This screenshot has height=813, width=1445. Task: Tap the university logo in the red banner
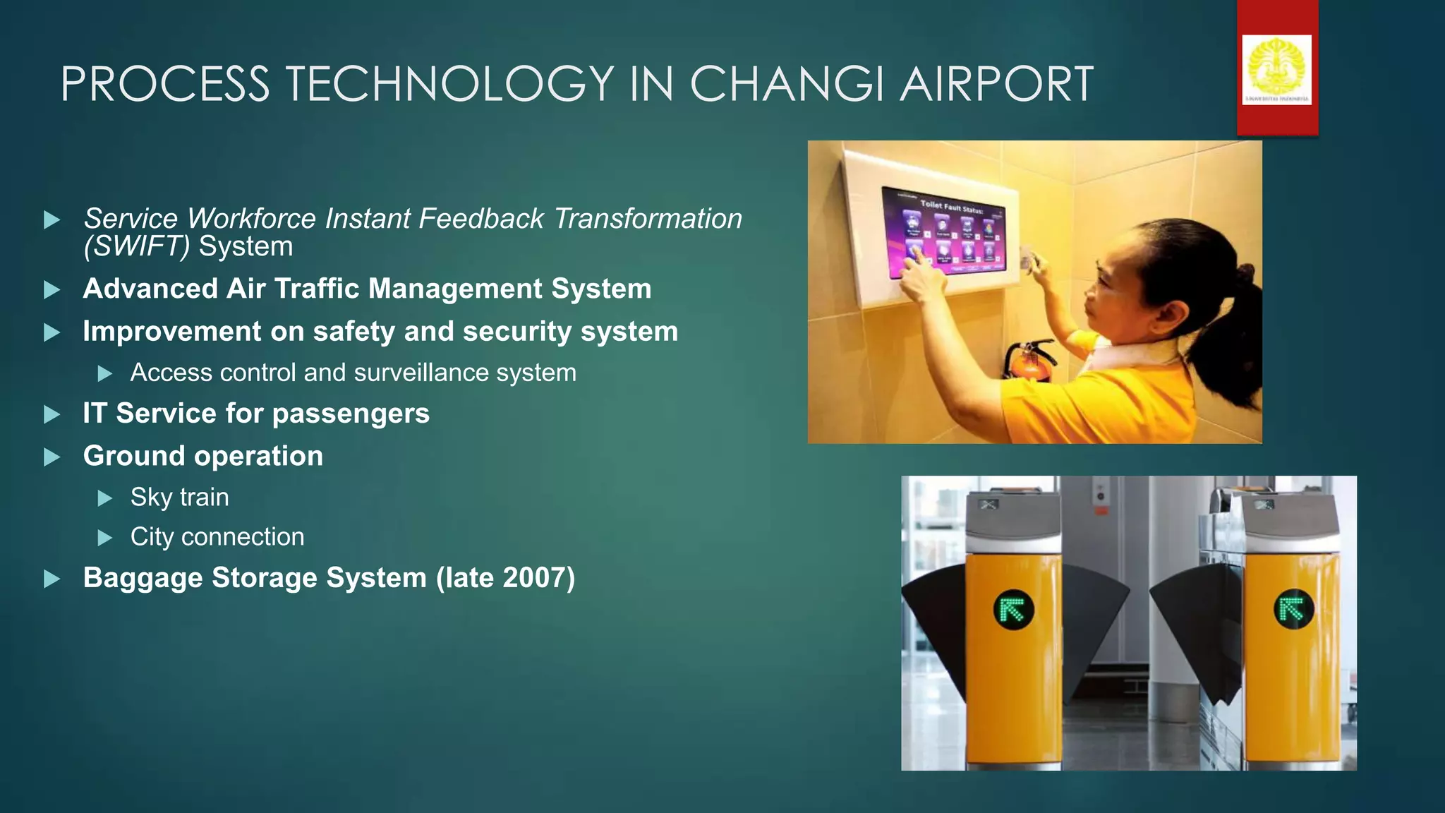tap(1276, 69)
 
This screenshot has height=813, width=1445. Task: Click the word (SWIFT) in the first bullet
tap(136, 247)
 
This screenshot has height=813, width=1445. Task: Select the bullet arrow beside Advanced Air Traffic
tap(52, 290)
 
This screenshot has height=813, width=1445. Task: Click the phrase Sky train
tap(179, 498)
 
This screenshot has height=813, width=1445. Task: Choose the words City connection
tap(217, 537)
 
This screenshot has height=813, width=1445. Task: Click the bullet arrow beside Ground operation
tap(52, 457)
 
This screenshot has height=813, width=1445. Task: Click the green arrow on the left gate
tap(1013, 610)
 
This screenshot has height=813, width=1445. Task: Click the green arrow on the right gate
tap(1293, 608)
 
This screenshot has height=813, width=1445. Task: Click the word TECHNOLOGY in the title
tap(449, 85)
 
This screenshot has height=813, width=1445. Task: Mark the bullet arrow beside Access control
tap(105, 373)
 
